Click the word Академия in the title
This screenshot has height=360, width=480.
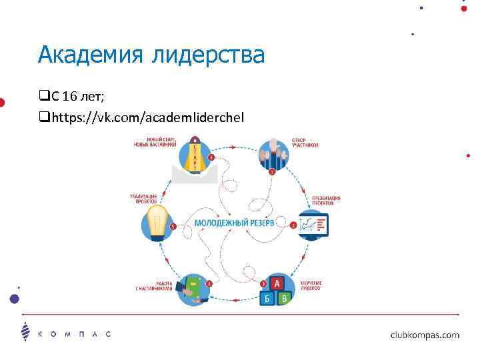click(x=87, y=54)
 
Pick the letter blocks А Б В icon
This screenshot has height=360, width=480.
click(x=275, y=291)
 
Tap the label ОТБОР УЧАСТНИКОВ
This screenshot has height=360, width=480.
click(x=305, y=142)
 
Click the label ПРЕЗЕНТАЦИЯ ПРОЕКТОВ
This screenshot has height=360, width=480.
click(x=327, y=201)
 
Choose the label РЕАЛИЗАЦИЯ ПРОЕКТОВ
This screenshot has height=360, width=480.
click(x=143, y=198)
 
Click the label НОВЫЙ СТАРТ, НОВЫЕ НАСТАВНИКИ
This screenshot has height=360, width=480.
click(x=154, y=141)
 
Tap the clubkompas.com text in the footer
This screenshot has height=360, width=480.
click(x=424, y=335)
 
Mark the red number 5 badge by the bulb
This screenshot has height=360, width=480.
click(x=173, y=227)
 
